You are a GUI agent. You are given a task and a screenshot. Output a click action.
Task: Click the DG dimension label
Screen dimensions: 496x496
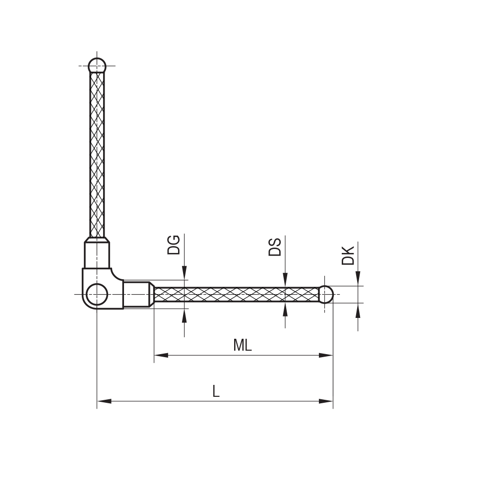pos(174,245)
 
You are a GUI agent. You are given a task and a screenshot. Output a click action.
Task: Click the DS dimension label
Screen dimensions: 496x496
pos(275,247)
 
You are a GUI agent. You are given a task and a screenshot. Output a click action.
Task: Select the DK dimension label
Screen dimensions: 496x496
pos(349,255)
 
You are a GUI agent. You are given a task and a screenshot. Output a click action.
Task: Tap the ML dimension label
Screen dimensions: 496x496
pos(242,345)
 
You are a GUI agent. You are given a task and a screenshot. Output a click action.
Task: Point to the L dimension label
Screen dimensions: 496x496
pos(215,391)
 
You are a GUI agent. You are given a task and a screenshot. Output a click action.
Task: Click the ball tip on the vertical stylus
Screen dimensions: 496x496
pos(97,65)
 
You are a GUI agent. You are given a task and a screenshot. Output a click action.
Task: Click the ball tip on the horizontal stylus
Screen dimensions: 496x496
pos(325,295)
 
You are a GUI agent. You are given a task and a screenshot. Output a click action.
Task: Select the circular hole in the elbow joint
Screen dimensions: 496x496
pos(97,294)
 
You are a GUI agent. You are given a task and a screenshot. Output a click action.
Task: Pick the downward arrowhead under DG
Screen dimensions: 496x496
pos(185,273)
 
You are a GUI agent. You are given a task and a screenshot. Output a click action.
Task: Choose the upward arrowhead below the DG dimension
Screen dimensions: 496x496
pos(185,316)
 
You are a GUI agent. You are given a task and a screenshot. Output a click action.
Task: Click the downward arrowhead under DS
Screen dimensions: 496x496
pos(285,280)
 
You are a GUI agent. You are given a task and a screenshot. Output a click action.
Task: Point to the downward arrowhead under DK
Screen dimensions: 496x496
pos(358,278)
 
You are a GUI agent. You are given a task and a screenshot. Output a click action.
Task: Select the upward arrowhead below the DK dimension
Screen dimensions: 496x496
pos(358,311)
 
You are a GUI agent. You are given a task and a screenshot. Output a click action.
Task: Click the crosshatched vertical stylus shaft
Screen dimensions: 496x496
pos(97,154)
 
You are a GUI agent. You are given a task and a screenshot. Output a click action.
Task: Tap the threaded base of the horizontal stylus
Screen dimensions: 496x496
pos(136,295)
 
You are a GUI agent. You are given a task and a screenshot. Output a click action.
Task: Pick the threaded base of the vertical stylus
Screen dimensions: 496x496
pos(97,255)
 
